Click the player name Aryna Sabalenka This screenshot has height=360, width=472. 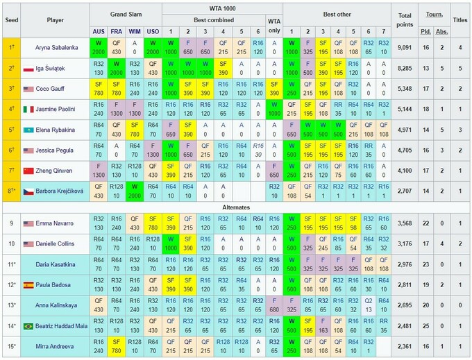click(60, 48)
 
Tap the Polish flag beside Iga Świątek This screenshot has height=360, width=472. click(28, 69)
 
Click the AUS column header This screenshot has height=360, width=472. click(99, 31)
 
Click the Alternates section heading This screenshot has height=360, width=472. click(236, 207)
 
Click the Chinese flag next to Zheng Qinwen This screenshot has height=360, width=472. click(28, 170)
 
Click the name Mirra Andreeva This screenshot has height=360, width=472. click(60, 345)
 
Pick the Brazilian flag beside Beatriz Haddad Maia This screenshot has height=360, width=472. click(28, 325)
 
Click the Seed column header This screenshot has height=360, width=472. click(10, 20)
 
